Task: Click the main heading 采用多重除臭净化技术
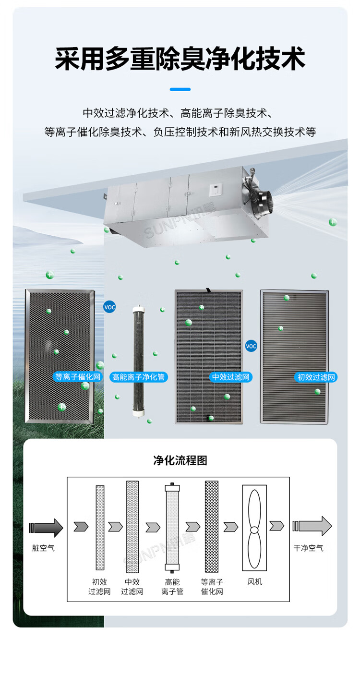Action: click(180, 59)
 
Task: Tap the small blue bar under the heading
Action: click(180, 89)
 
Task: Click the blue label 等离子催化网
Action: click(78, 377)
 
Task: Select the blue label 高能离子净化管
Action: click(138, 377)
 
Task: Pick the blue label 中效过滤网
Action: click(231, 377)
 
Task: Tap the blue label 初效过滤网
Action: click(316, 377)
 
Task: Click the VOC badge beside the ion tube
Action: click(109, 307)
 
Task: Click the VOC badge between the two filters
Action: click(251, 346)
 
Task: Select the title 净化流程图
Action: click(180, 460)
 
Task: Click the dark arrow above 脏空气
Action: click(46, 528)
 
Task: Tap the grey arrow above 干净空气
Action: click(312, 526)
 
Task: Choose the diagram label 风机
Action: click(255, 581)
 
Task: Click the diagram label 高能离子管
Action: click(172, 587)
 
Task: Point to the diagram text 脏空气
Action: click(43, 548)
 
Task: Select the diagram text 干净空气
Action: click(309, 548)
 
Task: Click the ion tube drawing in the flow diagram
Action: click(172, 526)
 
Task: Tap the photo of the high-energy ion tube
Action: click(138, 358)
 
